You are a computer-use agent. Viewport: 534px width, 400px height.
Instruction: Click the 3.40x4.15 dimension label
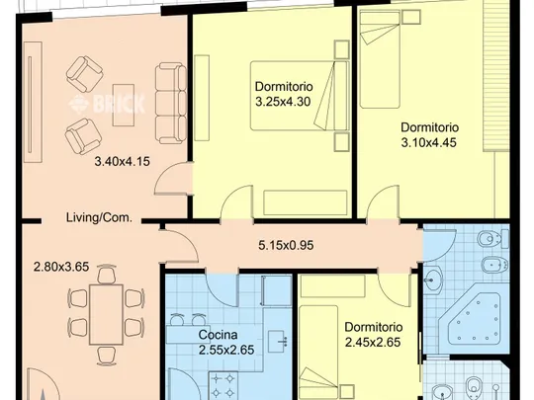[122, 161]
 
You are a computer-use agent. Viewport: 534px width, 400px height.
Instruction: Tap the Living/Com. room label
[99, 217]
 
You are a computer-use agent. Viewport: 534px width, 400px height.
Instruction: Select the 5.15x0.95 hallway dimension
[286, 245]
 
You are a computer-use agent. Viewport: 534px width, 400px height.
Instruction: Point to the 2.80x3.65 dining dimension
[61, 267]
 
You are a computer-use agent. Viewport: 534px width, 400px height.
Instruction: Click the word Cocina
[218, 335]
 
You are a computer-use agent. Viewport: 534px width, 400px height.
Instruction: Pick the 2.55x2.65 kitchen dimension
[226, 350]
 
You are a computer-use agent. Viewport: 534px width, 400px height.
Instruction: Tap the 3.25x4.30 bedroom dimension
[283, 102]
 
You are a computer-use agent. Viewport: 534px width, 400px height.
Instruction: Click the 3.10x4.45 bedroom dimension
[429, 142]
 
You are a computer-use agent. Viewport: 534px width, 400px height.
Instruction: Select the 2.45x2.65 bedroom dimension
[373, 342]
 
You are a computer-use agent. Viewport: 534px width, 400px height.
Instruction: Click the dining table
[106, 315]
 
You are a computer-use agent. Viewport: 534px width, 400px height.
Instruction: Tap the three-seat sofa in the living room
[171, 103]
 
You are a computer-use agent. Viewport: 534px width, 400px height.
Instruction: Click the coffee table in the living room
[124, 105]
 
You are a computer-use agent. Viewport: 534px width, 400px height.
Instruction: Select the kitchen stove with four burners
[223, 386]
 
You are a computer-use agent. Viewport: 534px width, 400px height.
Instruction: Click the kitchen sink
[278, 341]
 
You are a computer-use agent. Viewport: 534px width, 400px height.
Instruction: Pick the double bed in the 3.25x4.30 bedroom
[300, 96]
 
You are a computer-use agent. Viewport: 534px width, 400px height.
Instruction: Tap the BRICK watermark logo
[107, 104]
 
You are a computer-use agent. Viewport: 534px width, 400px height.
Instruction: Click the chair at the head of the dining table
[107, 275]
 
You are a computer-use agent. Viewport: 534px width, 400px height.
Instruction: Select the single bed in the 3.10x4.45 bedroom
[380, 59]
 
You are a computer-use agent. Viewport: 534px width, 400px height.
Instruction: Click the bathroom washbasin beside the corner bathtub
[433, 280]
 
